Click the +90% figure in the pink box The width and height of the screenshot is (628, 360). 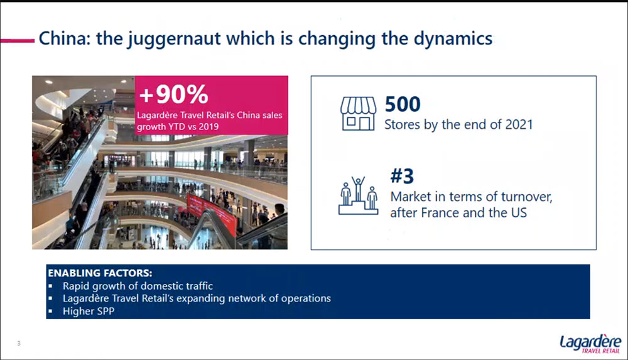(x=173, y=94)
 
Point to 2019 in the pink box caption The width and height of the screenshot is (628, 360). (x=208, y=127)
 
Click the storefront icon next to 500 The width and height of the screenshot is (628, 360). (x=358, y=114)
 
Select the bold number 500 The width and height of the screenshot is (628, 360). (x=403, y=104)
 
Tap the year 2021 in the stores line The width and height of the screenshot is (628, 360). (x=519, y=124)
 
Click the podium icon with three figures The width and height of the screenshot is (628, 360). (x=358, y=195)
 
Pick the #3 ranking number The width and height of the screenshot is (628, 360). (x=402, y=176)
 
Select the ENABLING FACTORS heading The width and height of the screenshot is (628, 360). (x=100, y=273)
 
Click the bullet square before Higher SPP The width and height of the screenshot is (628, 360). (x=50, y=311)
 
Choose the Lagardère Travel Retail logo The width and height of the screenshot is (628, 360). (x=590, y=344)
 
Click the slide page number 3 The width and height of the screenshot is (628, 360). (x=19, y=343)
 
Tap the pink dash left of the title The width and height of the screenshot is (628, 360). (x=18, y=40)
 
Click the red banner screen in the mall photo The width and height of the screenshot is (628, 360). (x=212, y=213)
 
